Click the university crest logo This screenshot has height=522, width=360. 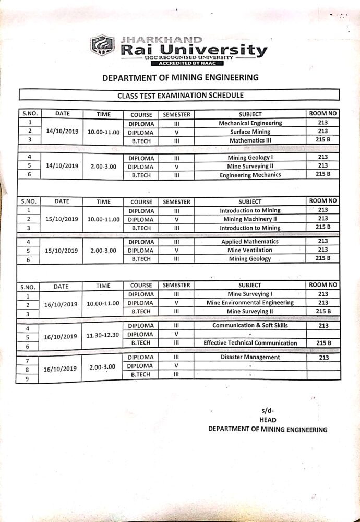[x=102, y=45]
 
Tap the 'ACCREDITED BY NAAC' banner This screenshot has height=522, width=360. [x=187, y=63]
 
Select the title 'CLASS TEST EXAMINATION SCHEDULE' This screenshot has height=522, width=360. [x=180, y=96]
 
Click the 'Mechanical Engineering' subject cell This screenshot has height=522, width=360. [x=250, y=123]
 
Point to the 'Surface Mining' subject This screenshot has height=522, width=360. [x=250, y=132]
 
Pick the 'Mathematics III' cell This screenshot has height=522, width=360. [x=250, y=140]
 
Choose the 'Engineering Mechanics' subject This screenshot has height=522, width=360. [x=250, y=175]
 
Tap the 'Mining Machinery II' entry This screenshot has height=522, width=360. [x=250, y=219]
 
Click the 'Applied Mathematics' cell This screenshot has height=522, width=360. [x=250, y=242]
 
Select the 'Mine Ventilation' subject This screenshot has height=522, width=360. [x=250, y=250]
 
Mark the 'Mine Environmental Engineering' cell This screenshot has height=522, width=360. [x=250, y=303]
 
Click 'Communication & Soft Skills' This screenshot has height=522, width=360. [x=250, y=325]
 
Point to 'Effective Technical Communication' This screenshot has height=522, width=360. [x=250, y=343]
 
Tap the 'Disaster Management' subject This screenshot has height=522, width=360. [x=250, y=358]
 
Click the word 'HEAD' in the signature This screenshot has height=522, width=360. [x=268, y=420]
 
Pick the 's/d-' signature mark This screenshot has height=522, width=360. [x=268, y=410]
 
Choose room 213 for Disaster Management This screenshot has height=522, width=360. [x=323, y=358]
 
